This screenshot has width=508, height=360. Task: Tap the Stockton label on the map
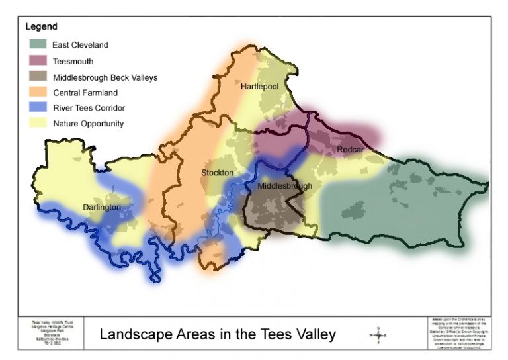pyautogui.click(x=217, y=173)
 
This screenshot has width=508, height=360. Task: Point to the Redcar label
pyautogui.click(x=349, y=150)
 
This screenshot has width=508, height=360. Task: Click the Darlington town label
pyautogui.click(x=102, y=207)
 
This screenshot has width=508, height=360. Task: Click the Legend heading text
pyautogui.click(x=41, y=27)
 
